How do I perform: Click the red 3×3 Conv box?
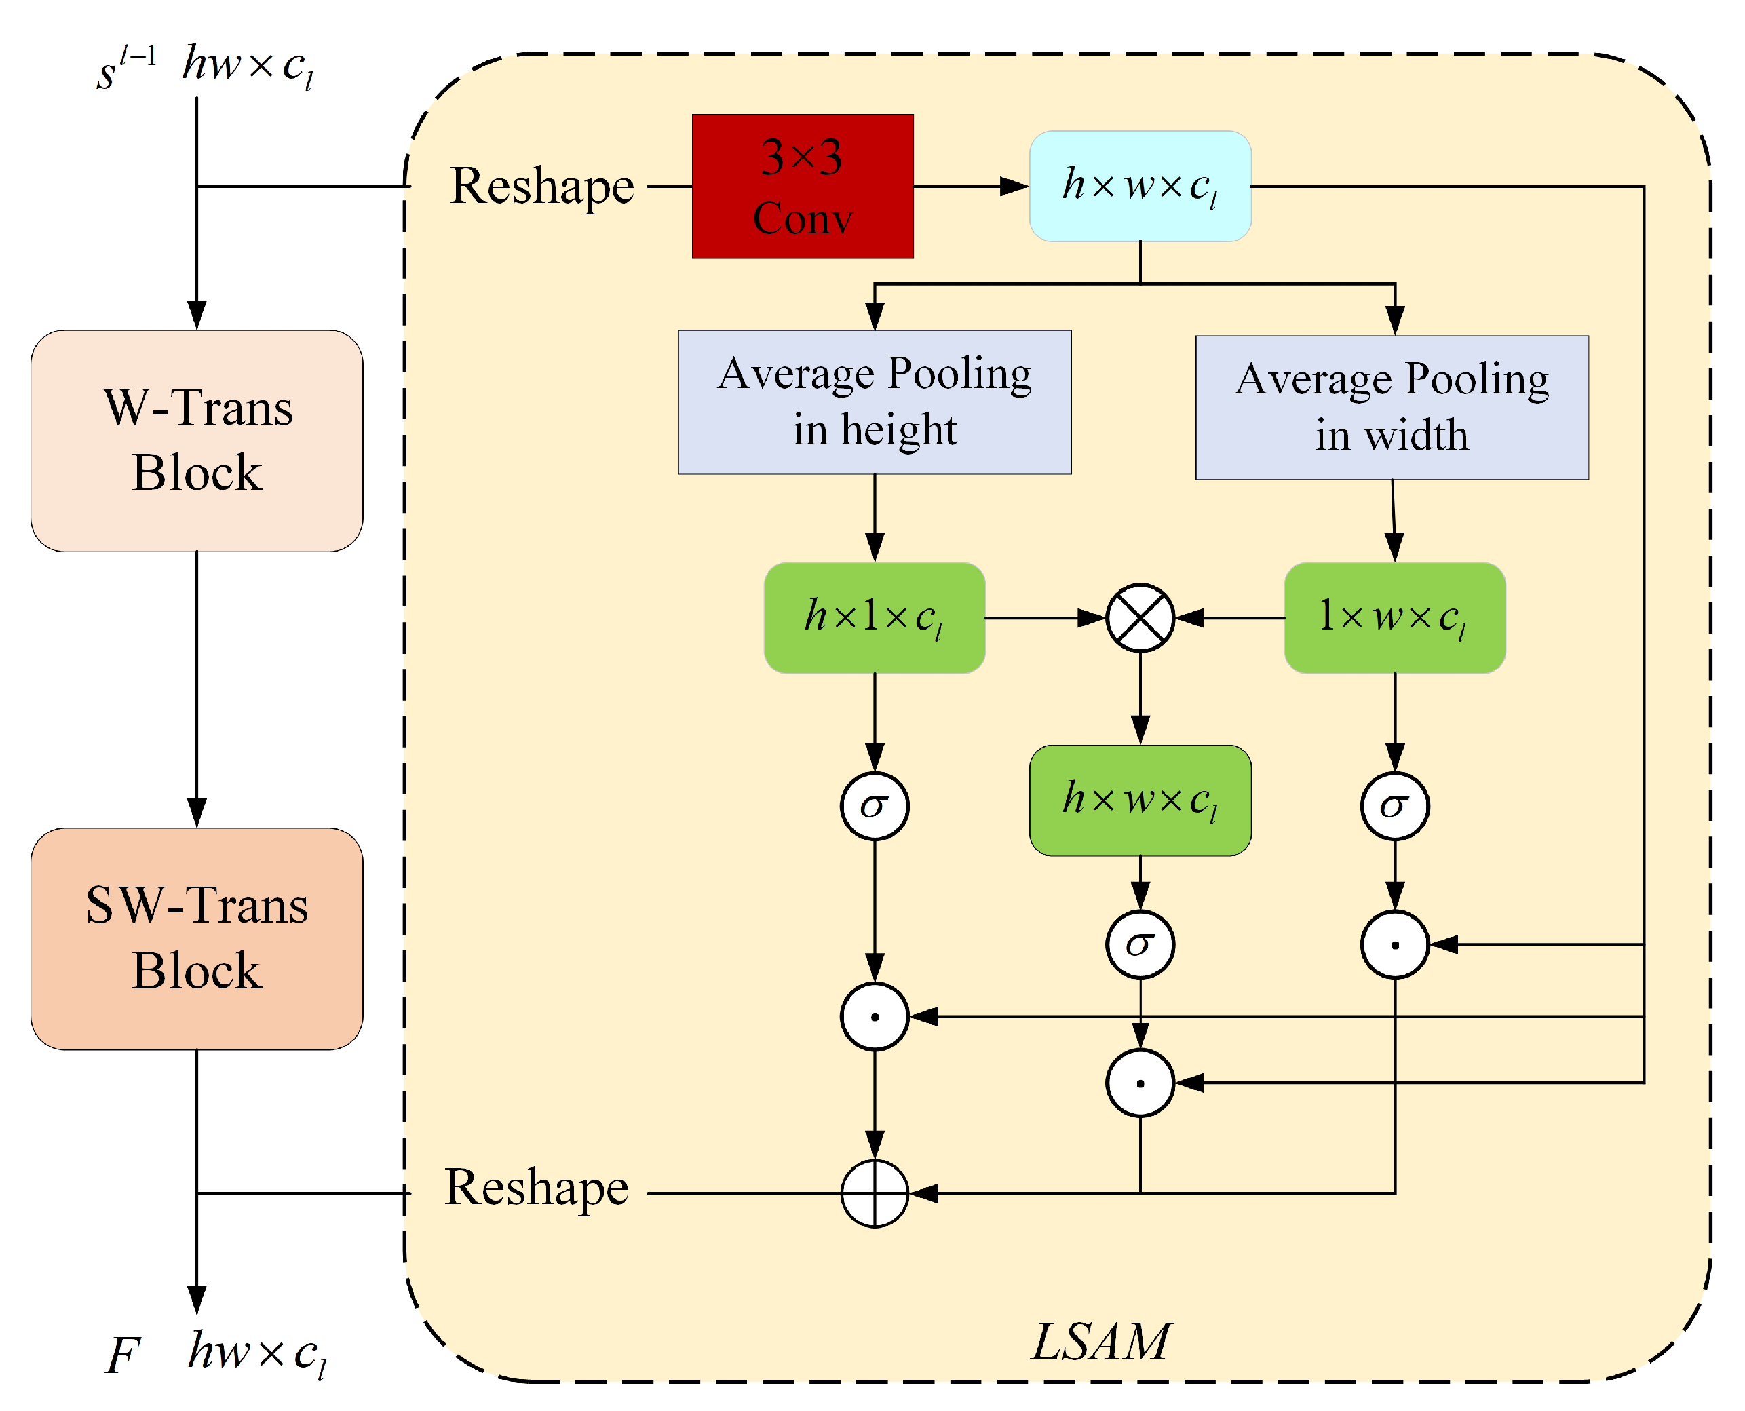click(x=802, y=186)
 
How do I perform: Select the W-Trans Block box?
click(x=197, y=440)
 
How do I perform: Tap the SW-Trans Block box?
click(x=197, y=939)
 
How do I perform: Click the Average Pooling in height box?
click(x=875, y=402)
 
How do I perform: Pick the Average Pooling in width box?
click(x=1392, y=407)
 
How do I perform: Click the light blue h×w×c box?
click(x=1140, y=186)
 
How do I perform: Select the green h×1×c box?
click(x=875, y=618)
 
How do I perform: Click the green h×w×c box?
click(x=1140, y=800)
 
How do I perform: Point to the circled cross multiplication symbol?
click(x=1140, y=618)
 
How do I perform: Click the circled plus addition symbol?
click(x=875, y=1193)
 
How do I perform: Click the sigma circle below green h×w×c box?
click(x=1140, y=944)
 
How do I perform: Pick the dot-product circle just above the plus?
click(x=875, y=1017)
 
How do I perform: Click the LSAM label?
click(x=1100, y=1341)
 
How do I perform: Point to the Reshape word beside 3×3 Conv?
click(x=542, y=186)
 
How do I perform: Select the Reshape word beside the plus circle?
click(x=537, y=1188)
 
